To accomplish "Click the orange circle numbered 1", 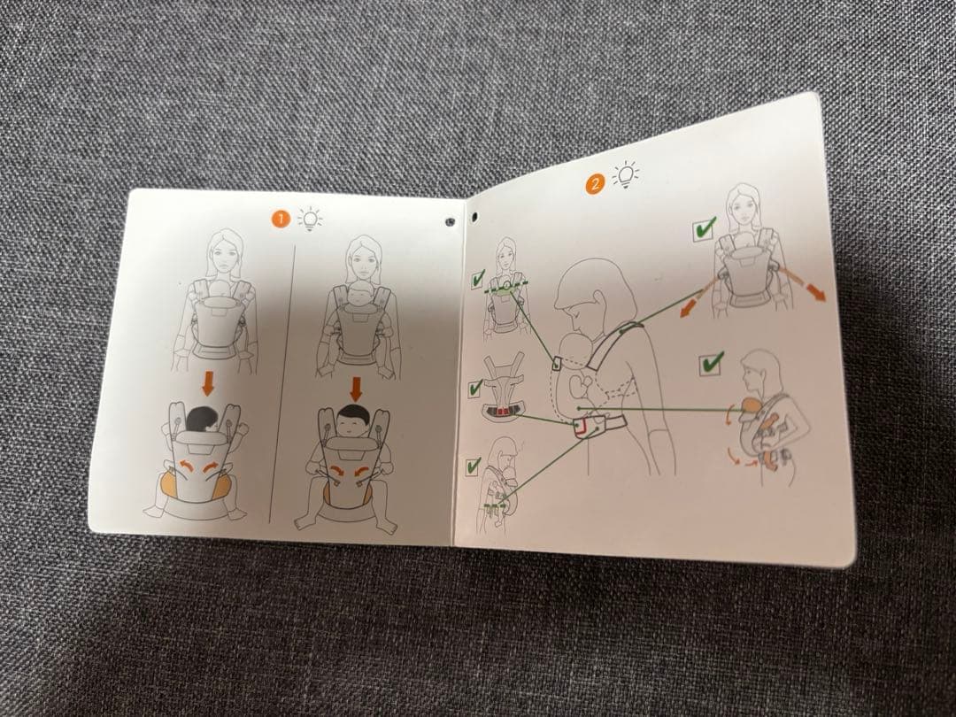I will (280, 219).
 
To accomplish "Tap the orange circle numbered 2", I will (595, 185).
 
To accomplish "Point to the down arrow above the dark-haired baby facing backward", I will (208, 382).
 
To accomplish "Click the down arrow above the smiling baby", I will (357, 387).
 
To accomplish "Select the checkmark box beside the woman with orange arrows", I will (704, 230).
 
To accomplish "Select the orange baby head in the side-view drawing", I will (749, 404).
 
